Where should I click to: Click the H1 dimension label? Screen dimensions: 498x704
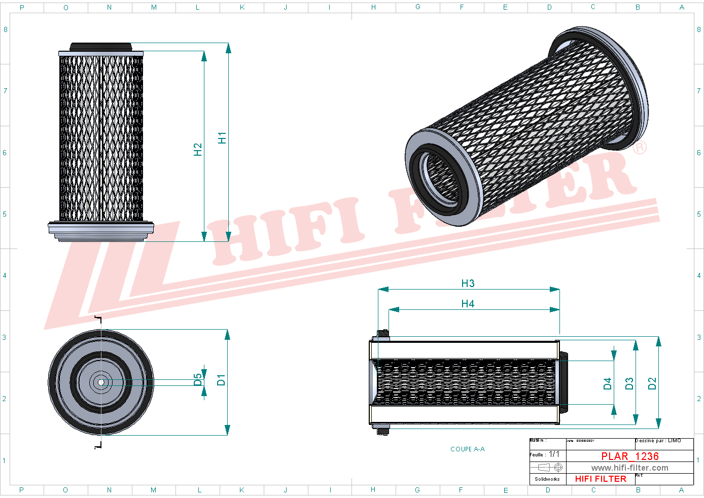(222, 138)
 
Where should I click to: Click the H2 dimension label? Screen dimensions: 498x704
(198, 149)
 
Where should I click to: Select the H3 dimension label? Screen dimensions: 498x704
(468, 283)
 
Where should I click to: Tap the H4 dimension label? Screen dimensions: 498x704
(468, 304)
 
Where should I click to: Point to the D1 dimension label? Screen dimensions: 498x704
(221, 380)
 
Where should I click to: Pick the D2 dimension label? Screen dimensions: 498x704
(652, 383)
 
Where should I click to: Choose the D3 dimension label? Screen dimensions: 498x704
(629, 383)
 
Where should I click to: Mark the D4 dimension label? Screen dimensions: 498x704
(608, 384)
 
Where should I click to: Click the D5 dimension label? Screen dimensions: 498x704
(197, 380)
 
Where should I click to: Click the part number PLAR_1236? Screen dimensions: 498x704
(630, 456)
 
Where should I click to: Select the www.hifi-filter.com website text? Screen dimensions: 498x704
(629, 468)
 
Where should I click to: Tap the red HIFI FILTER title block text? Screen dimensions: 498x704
(601, 479)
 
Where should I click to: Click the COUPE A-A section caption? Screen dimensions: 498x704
(467, 449)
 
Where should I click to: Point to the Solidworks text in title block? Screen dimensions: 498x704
(547, 479)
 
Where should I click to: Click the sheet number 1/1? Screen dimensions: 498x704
(554, 454)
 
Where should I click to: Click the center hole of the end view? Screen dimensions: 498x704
(101, 382)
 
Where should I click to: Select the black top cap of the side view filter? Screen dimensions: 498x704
(100, 47)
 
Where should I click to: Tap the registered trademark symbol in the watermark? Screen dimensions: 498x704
(640, 148)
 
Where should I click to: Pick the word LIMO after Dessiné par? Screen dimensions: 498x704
(675, 441)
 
